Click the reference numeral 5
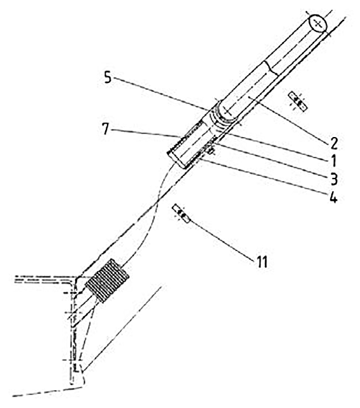click(x=108, y=77)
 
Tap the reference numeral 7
click(x=105, y=129)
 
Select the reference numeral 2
click(x=334, y=143)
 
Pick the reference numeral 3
click(x=334, y=178)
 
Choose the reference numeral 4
click(x=333, y=197)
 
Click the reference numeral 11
click(x=261, y=262)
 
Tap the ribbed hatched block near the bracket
click(x=108, y=280)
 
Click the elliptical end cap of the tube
click(x=317, y=24)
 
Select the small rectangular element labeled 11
click(x=182, y=214)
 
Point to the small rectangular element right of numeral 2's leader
click(x=298, y=101)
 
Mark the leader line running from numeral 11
click(x=221, y=240)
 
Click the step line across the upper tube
click(x=271, y=68)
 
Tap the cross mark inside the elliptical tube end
click(x=317, y=24)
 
